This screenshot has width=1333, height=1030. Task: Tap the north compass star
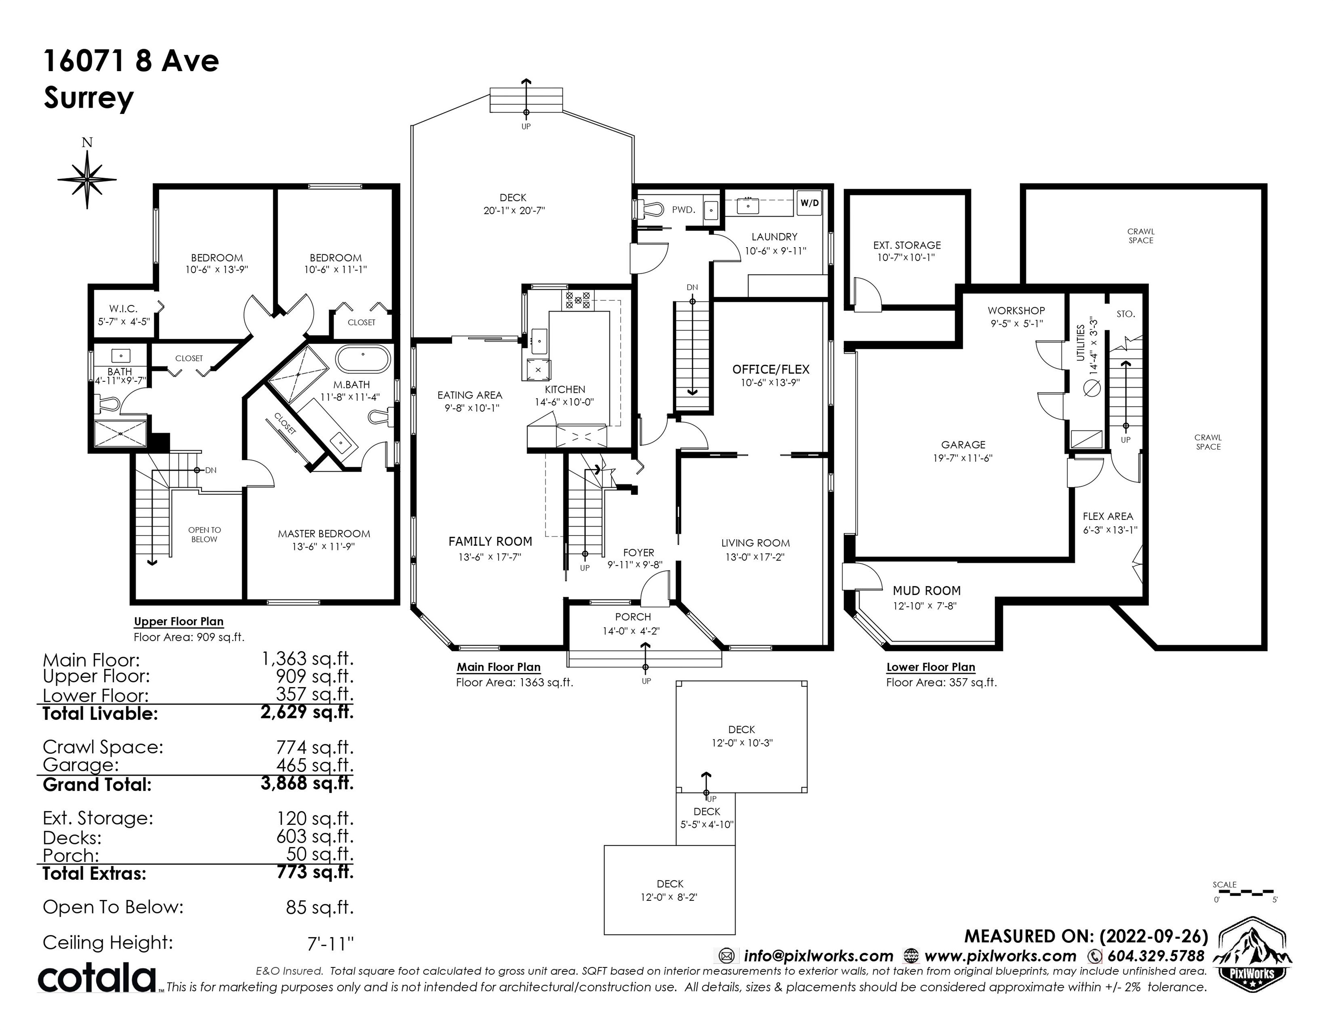click(x=87, y=179)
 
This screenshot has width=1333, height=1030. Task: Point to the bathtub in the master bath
click(x=363, y=359)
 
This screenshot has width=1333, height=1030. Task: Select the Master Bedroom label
click(x=323, y=534)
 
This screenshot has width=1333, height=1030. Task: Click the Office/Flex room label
click(x=771, y=369)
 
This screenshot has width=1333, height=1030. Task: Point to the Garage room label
click(x=963, y=445)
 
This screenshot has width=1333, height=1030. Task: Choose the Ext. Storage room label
click(x=907, y=245)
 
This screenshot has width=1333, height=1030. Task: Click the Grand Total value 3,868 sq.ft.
click(x=307, y=783)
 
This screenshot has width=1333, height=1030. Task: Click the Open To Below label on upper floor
click(x=204, y=535)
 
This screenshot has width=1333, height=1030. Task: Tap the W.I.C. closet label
click(x=123, y=309)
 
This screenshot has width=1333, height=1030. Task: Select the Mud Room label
click(x=927, y=591)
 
